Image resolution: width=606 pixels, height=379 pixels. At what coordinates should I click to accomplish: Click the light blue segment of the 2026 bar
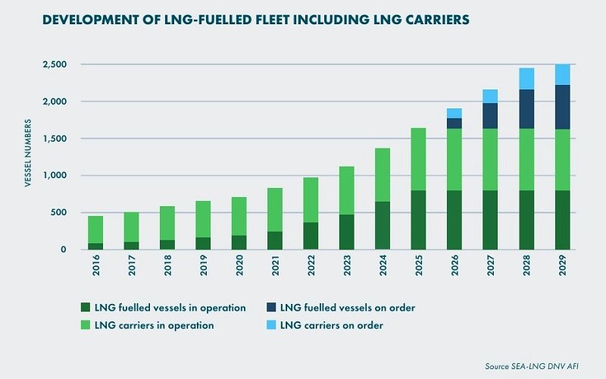[454, 113]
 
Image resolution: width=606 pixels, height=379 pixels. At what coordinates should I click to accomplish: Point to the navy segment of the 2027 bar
[490, 116]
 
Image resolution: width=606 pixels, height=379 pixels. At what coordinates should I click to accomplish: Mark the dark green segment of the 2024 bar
[382, 225]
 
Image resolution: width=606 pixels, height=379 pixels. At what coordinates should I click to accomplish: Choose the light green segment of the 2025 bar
[417, 159]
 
